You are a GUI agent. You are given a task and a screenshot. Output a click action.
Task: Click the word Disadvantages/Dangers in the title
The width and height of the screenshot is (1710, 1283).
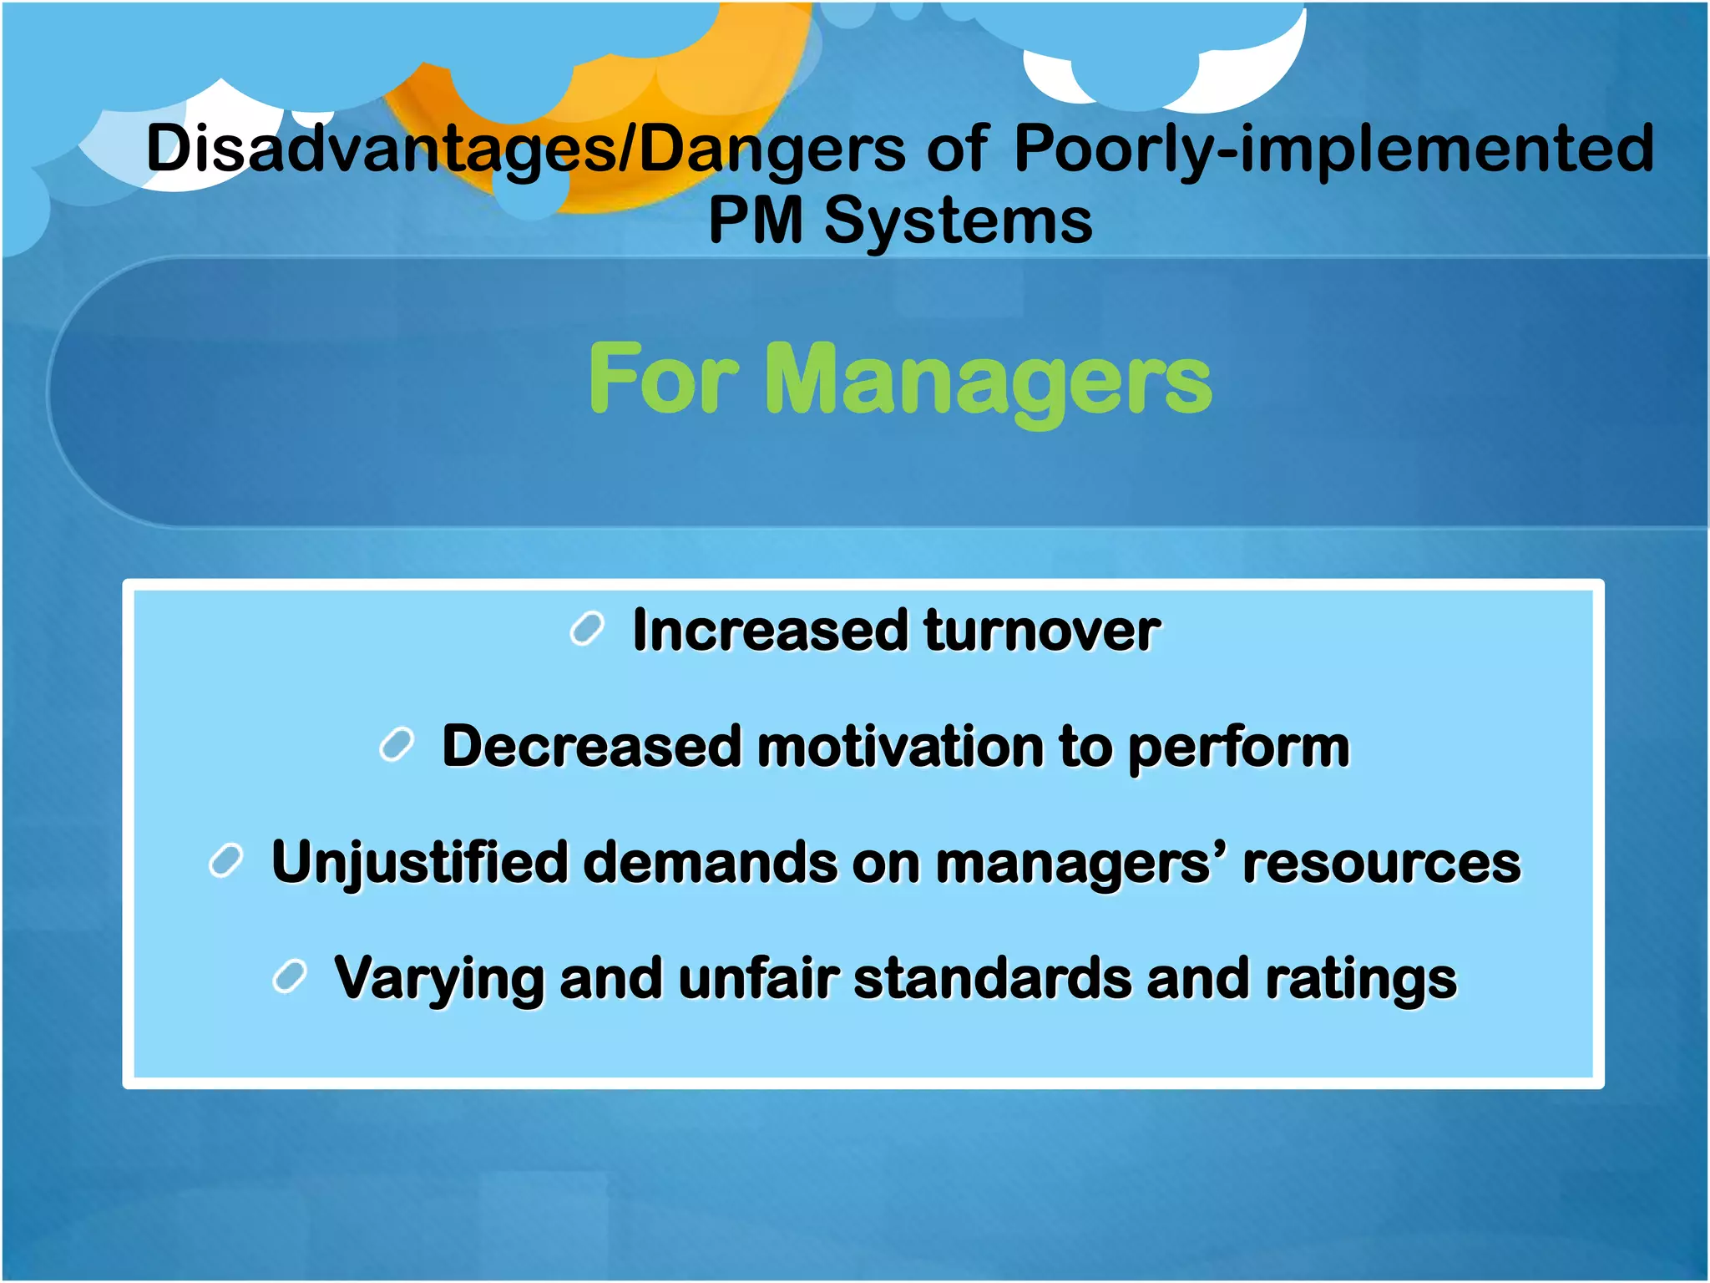coord(525,149)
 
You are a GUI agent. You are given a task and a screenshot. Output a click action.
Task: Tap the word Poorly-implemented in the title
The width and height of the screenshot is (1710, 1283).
coord(1333,149)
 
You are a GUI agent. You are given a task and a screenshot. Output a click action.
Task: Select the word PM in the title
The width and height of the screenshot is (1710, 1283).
coord(756,221)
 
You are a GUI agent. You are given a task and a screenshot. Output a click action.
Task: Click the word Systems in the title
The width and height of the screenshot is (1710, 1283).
coord(959,222)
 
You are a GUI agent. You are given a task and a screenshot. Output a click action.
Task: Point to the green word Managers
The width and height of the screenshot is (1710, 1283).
coord(987,381)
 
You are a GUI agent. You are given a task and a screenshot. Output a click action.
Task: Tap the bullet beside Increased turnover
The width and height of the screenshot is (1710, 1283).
coord(587,629)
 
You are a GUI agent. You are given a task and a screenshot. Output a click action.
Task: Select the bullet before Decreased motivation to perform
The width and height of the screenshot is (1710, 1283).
coord(397,745)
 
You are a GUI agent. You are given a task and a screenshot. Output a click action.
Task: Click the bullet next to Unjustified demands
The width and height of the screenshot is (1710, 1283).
coord(225,861)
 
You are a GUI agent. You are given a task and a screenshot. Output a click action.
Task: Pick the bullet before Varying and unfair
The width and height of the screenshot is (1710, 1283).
coord(290,976)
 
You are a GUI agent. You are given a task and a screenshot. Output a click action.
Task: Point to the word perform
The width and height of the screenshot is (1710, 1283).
coord(1238,748)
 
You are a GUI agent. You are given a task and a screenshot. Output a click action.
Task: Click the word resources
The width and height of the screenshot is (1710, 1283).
coord(1382,863)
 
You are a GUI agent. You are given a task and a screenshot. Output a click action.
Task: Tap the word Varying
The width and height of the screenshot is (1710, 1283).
coord(439,979)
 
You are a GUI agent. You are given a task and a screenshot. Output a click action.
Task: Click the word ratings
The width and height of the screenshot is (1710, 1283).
coord(1360,979)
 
